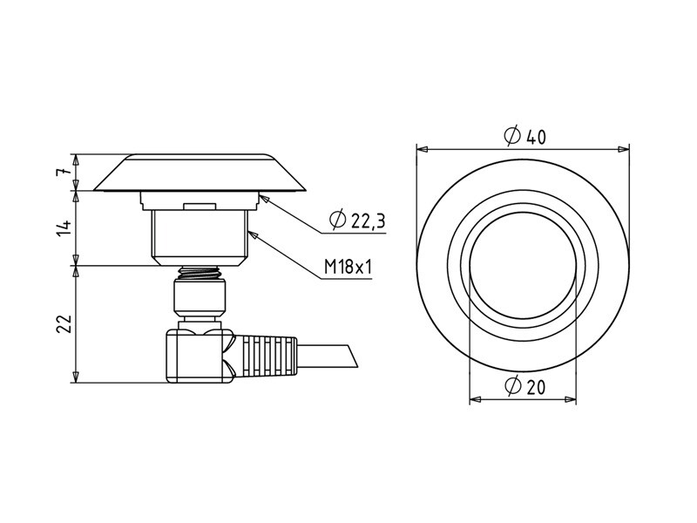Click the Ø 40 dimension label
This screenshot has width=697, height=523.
(524, 136)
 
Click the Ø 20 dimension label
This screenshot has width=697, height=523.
(524, 386)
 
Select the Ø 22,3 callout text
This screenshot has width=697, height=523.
(357, 220)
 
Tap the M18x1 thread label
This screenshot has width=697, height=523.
(348, 268)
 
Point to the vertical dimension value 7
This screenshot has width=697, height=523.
(63, 172)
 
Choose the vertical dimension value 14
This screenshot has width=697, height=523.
(63, 228)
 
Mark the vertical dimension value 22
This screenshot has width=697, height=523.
(63, 323)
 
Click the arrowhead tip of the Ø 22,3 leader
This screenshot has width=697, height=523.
(259, 194)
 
